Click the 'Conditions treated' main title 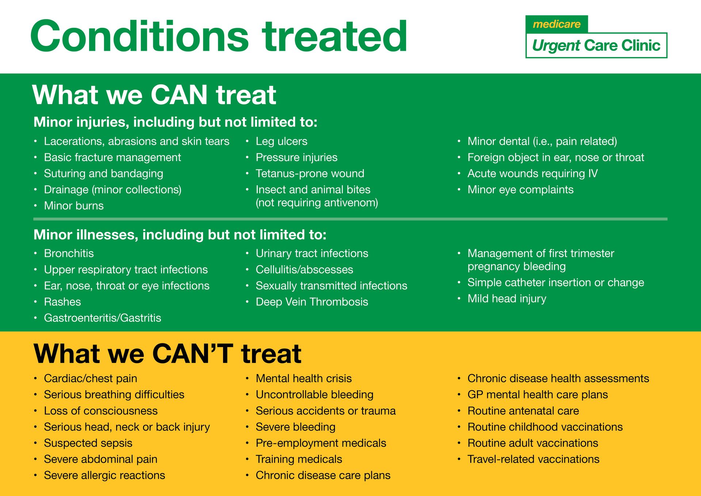click(219, 37)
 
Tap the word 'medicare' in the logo click(556, 24)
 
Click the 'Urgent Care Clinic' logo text click(596, 46)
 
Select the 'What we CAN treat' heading click(154, 95)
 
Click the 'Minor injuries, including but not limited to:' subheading click(175, 122)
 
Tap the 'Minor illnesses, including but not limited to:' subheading click(180, 234)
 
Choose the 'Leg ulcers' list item click(281, 141)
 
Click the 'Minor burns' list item click(74, 206)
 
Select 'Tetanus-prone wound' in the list click(310, 173)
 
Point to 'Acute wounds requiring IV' click(532, 173)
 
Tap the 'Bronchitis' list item click(69, 253)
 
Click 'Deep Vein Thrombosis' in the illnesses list click(312, 302)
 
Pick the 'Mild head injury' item click(507, 299)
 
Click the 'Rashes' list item click(62, 302)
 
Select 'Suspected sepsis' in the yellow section click(88, 443)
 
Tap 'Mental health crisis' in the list click(304, 378)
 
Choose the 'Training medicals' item click(299, 459)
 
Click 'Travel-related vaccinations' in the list click(533, 459)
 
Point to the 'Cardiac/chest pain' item click(91, 378)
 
